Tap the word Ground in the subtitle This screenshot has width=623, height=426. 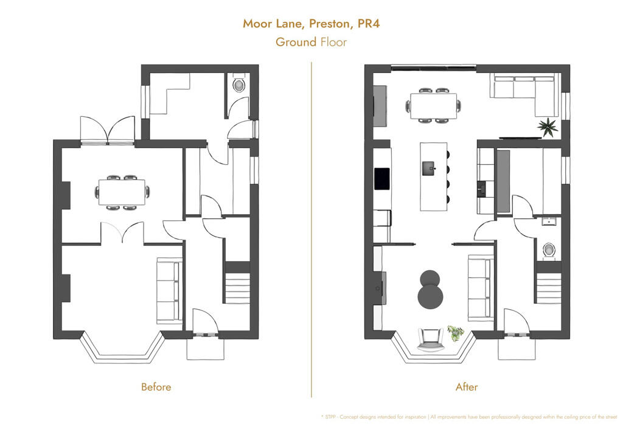pyautogui.click(x=296, y=42)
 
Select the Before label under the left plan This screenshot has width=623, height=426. pyautogui.click(x=156, y=387)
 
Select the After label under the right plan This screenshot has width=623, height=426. pyautogui.click(x=466, y=387)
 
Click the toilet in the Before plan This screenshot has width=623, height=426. pyautogui.click(x=238, y=84)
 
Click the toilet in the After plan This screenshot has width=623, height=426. pyautogui.click(x=549, y=250)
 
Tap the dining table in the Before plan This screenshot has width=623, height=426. pyautogui.click(x=123, y=192)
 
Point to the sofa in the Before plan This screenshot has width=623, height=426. pyautogui.click(x=169, y=290)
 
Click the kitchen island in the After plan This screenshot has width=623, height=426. pyautogui.click(x=433, y=176)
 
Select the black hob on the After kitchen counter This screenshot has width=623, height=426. pyautogui.click(x=383, y=178)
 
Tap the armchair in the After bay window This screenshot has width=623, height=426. pyautogui.click(x=430, y=338)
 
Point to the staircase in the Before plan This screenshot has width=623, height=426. pyautogui.click(x=238, y=288)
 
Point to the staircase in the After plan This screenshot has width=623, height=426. pyautogui.click(x=549, y=288)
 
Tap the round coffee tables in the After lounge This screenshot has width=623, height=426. pyautogui.click(x=431, y=288)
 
